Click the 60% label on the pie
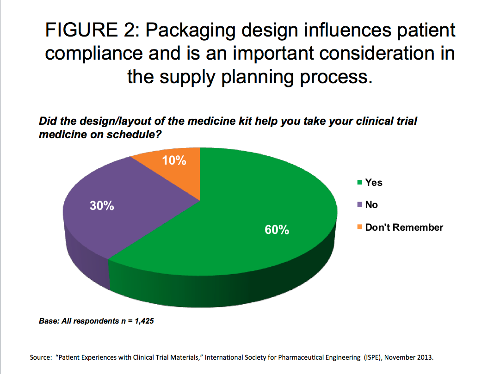(277, 230)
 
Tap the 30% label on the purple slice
(102, 206)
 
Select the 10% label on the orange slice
(174, 160)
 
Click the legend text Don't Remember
(404, 227)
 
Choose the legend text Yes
(374, 183)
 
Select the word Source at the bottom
(40, 357)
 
